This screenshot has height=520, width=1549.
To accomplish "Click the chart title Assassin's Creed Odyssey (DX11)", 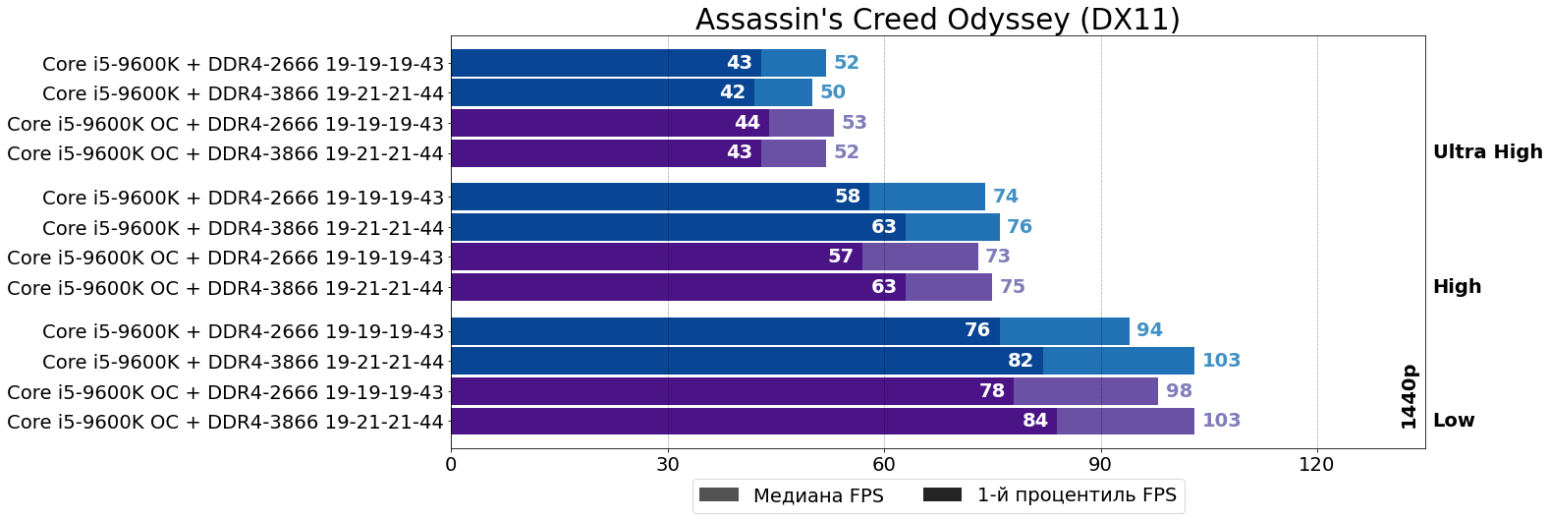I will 937,20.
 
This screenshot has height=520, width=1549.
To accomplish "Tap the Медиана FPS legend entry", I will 817,495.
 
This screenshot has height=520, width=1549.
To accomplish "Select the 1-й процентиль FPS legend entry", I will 1076,495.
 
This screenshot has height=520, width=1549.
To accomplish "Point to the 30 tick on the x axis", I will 668,464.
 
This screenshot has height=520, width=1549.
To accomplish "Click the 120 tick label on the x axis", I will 1316,464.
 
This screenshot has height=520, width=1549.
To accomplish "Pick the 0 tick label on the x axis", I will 451,464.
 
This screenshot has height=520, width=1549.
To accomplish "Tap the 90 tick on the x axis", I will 1100,464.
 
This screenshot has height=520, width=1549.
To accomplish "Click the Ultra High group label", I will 1487,152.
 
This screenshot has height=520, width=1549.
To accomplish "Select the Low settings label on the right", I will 1454,421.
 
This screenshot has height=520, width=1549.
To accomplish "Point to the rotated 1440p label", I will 1409,396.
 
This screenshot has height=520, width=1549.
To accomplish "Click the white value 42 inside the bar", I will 732,92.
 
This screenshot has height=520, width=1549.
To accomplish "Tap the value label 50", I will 833,92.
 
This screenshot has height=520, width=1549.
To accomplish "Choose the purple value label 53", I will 855,123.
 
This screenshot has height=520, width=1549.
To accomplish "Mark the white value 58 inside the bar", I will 848,197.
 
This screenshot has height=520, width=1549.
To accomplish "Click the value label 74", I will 1006,197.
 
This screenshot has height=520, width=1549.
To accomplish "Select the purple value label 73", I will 998,257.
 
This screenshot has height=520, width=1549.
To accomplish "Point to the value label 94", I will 1149,330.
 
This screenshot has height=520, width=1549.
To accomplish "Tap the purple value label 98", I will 1179,391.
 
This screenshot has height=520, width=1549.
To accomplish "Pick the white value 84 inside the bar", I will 1035,421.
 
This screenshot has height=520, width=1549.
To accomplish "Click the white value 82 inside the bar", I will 1021,361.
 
